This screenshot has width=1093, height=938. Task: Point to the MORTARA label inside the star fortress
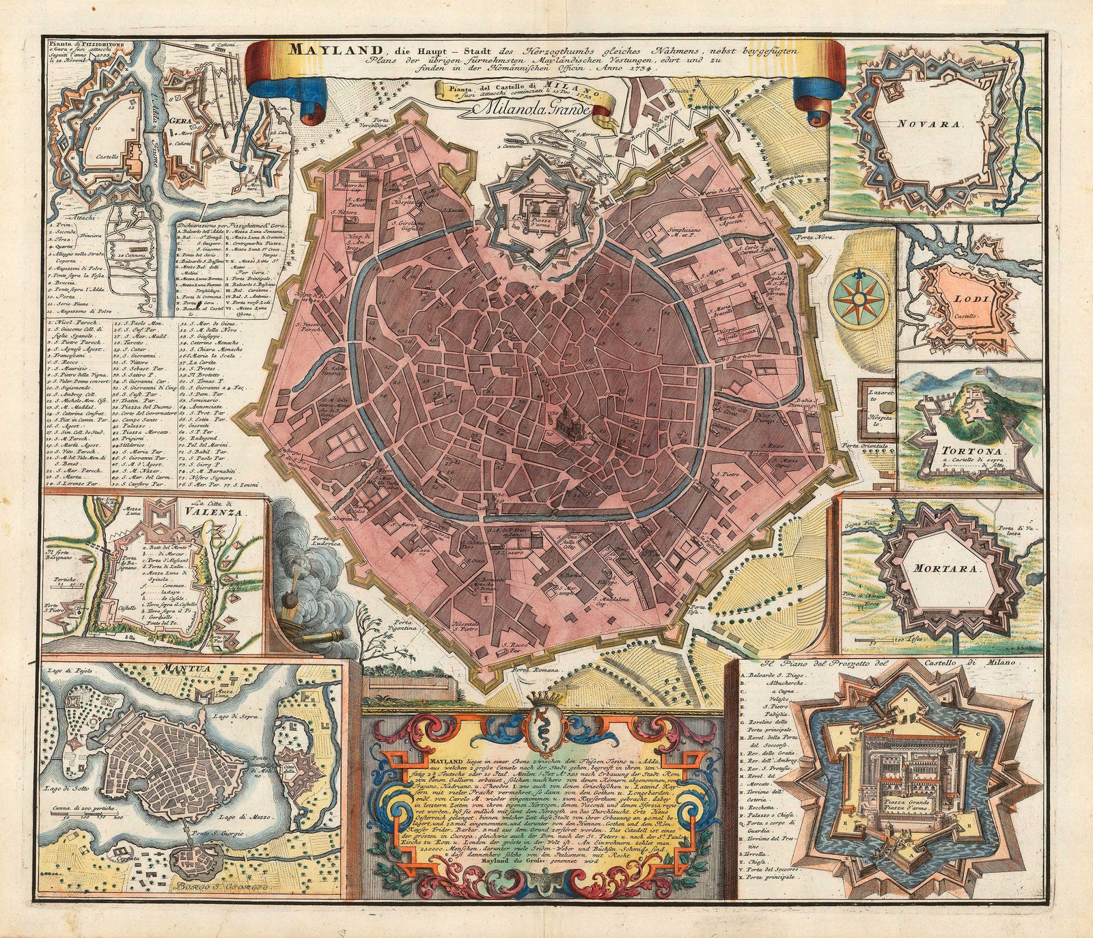click(x=942, y=567)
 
